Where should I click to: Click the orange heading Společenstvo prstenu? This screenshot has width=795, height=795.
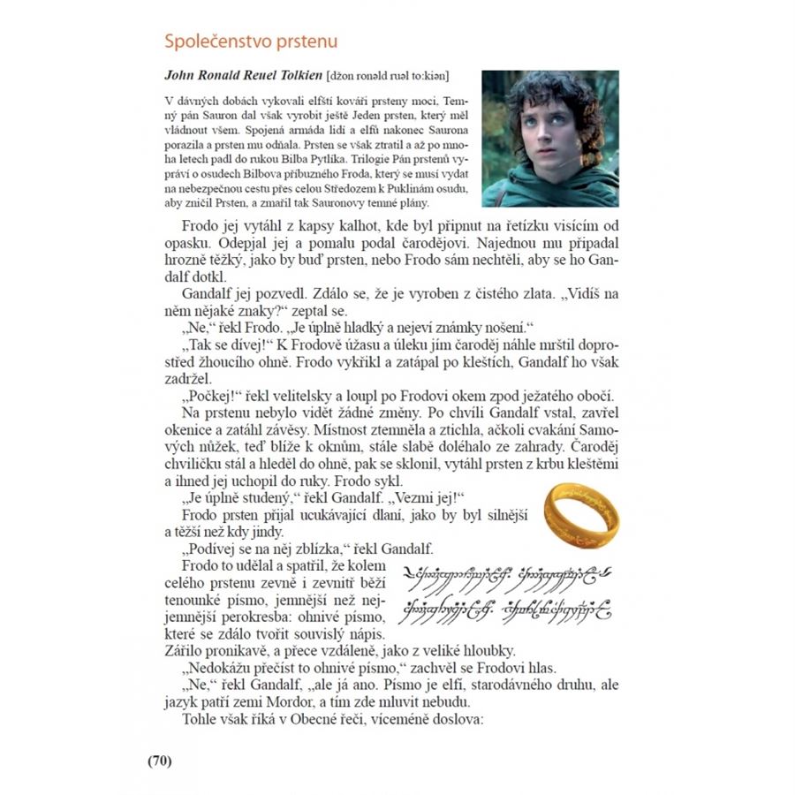(x=251, y=42)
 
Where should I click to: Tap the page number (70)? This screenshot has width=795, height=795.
(x=159, y=761)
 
